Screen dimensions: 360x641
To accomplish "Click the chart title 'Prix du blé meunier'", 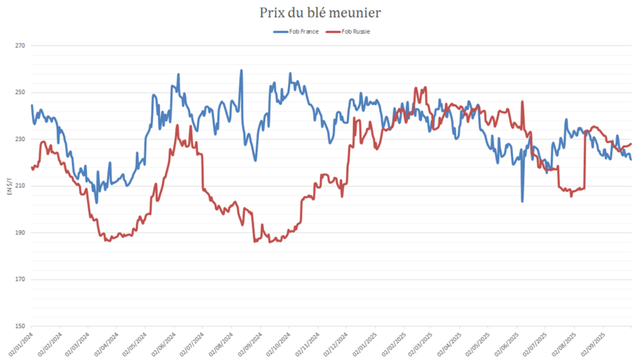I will tap(320, 13).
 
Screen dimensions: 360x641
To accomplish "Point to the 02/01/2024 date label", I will tap(20, 343).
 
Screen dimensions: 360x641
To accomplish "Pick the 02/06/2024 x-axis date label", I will tap(163, 343).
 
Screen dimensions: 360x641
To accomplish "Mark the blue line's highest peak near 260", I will tap(241, 70).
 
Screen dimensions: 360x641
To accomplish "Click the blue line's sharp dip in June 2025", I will tap(522, 201).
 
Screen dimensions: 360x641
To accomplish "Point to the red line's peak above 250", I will tap(416, 88).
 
